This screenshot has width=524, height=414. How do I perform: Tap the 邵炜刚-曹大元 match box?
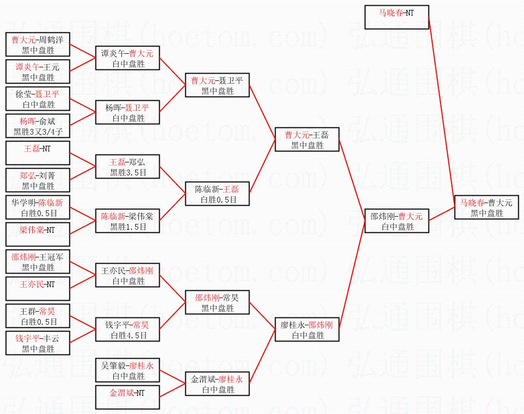(397, 221)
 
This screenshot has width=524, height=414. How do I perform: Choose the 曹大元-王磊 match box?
(307, 140)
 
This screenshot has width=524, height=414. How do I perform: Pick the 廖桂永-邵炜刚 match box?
(307, 330)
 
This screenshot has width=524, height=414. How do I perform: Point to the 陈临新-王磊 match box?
(218, 194)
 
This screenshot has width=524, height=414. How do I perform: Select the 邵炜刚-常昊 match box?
(218, 303)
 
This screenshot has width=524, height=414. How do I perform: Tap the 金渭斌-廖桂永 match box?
(218, 384)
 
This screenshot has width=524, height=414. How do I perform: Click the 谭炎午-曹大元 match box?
(128, 58)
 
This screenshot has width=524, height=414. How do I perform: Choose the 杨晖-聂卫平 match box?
(128, 113)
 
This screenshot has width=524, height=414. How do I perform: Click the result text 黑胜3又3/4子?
(38, 132)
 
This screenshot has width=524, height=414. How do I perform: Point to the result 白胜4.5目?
(128, 336)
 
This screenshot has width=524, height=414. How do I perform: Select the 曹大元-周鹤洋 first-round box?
(38, 45)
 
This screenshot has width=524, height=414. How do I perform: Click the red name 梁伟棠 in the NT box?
(31, 229)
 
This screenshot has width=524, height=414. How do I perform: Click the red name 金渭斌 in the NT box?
(121, 392)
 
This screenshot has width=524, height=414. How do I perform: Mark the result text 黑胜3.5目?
(128, 173)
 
